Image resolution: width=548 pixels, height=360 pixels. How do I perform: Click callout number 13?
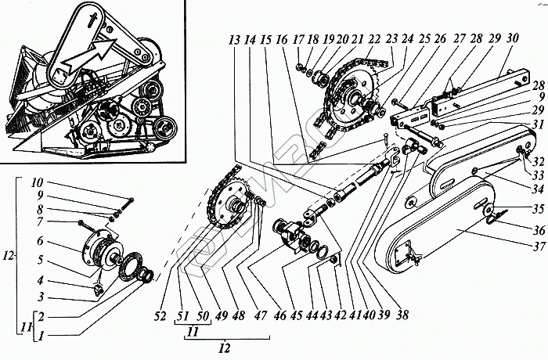(x=233, y=39)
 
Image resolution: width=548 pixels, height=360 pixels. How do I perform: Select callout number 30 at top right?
(x=512, y=39)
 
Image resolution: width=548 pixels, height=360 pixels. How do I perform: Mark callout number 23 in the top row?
(x=388, y=39)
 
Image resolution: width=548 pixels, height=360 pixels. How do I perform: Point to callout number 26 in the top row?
(x=438, y=39)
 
